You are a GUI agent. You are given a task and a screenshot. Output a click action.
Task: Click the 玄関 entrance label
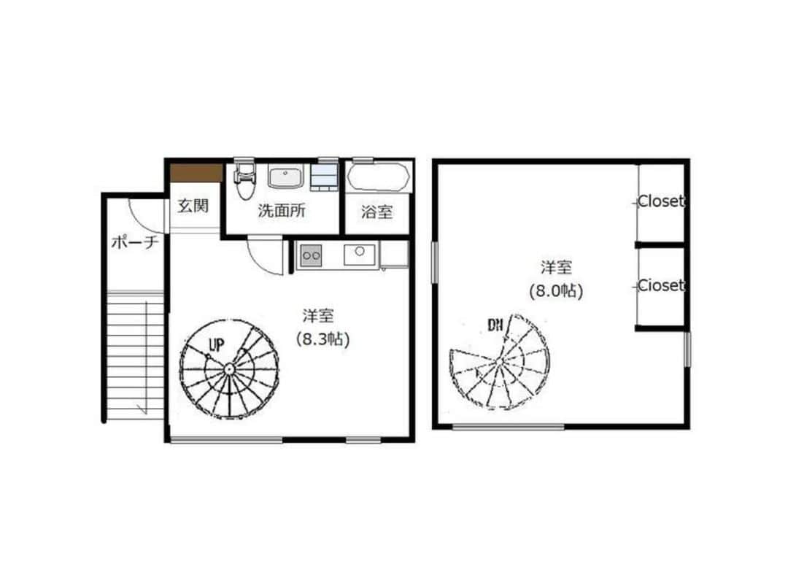click(193, 206)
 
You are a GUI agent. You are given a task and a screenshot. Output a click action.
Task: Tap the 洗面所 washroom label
click(282, 211)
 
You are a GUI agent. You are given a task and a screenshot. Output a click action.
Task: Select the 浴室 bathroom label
click(376, 212)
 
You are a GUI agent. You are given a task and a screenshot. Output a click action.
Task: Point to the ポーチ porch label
click(135, 242)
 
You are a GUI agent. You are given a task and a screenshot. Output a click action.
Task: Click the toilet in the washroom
click(245, 179)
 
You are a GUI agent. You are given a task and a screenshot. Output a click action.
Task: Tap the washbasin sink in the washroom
click(285, 177)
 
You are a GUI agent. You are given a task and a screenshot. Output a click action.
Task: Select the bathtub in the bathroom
click(379, 177)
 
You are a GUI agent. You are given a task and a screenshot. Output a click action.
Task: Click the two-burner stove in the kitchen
click(311, 256)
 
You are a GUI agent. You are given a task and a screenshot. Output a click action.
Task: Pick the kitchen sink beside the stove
click(359, 255)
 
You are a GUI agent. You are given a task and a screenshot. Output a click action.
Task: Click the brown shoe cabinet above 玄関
click(196, 172)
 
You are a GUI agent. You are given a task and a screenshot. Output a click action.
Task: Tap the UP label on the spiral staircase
click(217, 345)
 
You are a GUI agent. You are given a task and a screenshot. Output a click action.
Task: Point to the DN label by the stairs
click(495, 325)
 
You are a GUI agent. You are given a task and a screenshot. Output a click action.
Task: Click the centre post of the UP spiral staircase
click(229, 369)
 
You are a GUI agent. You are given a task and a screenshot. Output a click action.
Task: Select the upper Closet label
click(661, 201)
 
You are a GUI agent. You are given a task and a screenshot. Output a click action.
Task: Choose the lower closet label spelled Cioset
click(661, 285)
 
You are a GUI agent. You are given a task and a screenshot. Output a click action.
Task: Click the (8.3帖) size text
click(322, 339)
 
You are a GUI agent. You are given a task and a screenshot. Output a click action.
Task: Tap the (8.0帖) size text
click(556, 290)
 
